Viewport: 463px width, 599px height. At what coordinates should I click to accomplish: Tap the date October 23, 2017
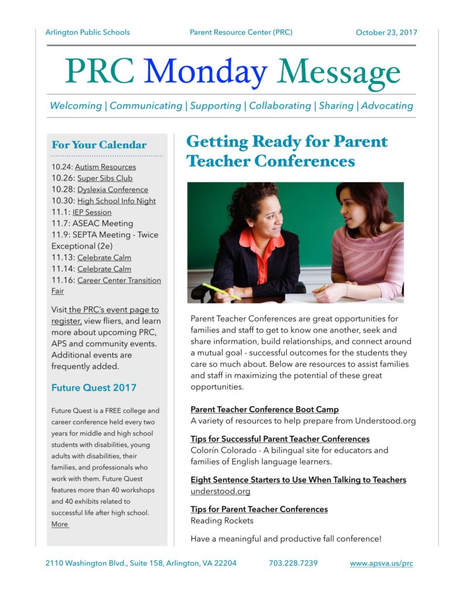pyautogui.click(x=386, y=33)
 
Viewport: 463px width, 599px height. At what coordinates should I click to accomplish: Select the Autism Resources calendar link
pyautogui.click(x=105, y=167)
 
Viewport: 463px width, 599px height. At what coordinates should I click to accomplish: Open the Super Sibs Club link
pyautogui.click(x=105, y=178)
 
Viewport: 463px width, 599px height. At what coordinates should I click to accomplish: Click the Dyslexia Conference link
pyautogui.click(x=112, y=190)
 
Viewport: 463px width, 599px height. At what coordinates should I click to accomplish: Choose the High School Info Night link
pyautogui.click(x=116, y=201)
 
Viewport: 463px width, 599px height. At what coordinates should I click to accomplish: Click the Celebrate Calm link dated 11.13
pyautogui.click(x=104, y=257)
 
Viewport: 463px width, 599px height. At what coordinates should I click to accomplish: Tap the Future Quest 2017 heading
pyautogui.click(x=94, y=387)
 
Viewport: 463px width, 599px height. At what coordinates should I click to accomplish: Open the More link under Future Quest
pyautogui.click(x=60, y=524)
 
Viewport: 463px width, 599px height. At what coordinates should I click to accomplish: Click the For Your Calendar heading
pyautogui.click(x=99, y=145)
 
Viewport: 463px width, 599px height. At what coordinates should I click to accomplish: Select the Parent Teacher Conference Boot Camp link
pyautogui.click(x=265, y=409)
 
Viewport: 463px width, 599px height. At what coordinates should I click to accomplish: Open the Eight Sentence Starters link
pyautogui.click(x=298, y=480)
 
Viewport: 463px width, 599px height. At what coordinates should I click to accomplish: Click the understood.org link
pyautogui.click(x=220, y=491)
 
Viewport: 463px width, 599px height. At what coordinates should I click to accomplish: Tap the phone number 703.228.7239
pyautogui.click(x=293, y=563)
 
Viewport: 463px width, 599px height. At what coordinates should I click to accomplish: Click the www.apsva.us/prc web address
pyautogui.click(x=381, y=563)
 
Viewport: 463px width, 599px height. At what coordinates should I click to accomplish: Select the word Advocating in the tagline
pyautogui.click(x=387, y=106)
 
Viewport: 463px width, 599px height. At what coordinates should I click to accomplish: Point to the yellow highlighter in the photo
pyautogui.click(x=221, y=291)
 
